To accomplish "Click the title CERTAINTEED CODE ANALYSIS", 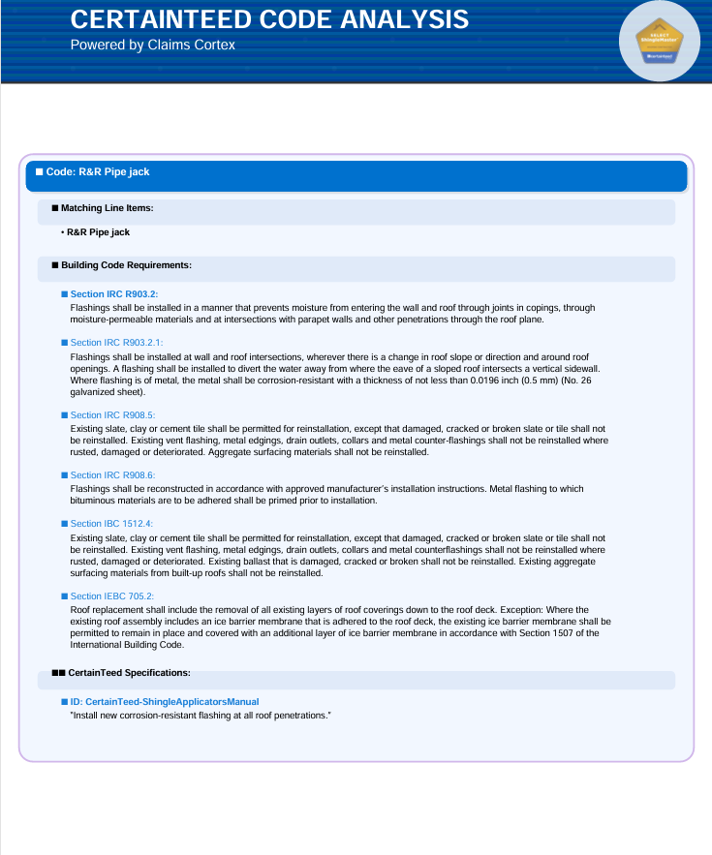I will coord(269,19).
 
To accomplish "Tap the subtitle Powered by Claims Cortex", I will coord(152,45).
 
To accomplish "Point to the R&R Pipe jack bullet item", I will coord(98,232).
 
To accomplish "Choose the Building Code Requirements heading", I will coord(126,264).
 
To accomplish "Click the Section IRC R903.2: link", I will coord(114,293).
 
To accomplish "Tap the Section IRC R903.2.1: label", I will coord(117,342).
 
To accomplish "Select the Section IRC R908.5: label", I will coord(112,414).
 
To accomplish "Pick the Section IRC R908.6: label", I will coord(112,475).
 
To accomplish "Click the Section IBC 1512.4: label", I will coord(111,524).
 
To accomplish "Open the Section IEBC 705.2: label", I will coord(112,596).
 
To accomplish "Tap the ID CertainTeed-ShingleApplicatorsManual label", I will coord(165,701).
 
